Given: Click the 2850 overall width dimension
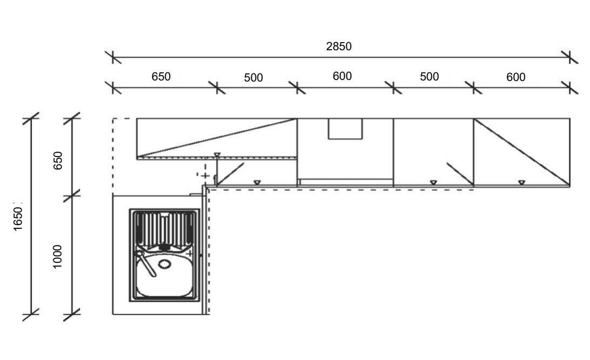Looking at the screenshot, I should click(338, 46).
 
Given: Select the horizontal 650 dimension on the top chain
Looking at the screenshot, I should click(161, 77).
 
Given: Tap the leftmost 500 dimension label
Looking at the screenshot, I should click(253, 78).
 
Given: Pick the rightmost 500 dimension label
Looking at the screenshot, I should click(429, 77).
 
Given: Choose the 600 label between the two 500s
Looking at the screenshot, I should click(342, 77).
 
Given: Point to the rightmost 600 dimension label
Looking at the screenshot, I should click(516, 77).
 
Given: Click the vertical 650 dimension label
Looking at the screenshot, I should click(58, 160).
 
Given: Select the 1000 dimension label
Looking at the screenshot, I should click(58, 256).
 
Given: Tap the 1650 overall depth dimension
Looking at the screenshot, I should click(18, 219).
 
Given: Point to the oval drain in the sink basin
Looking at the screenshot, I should click(164, 264).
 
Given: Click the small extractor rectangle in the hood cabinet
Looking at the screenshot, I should click(345, 129).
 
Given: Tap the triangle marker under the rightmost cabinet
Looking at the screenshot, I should click(521, 183).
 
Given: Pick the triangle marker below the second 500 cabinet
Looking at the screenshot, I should click(433, 183).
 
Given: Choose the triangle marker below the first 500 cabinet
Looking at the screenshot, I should click(257, 182).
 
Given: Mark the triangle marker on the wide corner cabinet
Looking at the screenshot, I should click(216, 155).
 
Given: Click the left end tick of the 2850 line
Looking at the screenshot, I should click(113, 57).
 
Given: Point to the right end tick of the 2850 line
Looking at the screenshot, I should click(570, 57).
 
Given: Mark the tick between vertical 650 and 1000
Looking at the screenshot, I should click(72, 195).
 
